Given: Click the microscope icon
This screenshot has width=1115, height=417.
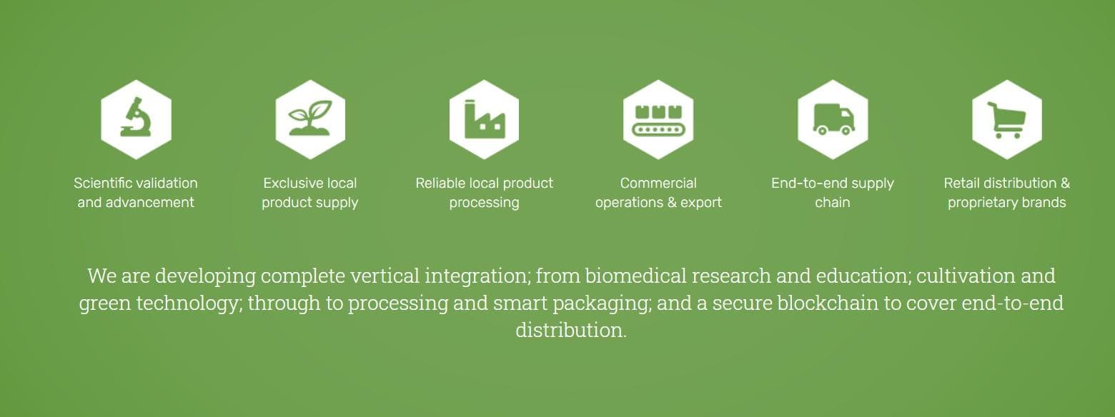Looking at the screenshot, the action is click(136, 118).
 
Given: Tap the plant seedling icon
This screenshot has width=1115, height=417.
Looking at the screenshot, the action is click(309, 118).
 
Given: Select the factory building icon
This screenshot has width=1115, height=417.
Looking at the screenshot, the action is click(485, 119).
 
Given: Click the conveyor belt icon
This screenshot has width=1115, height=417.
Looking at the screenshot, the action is click(658, 120).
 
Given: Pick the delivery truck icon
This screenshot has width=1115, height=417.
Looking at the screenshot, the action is click(833, 119).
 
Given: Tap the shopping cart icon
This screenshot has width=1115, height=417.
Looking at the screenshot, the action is click(1006, 120).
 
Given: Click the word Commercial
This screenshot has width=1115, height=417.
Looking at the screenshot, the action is click(658, 183).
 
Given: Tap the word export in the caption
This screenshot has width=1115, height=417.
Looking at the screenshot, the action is click(701, 203).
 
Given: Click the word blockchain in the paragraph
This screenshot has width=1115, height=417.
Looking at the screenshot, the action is click(828, 303).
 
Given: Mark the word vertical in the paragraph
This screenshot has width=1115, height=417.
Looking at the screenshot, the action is click(385, 276).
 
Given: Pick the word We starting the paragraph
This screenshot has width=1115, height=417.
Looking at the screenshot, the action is click(102, 276).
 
